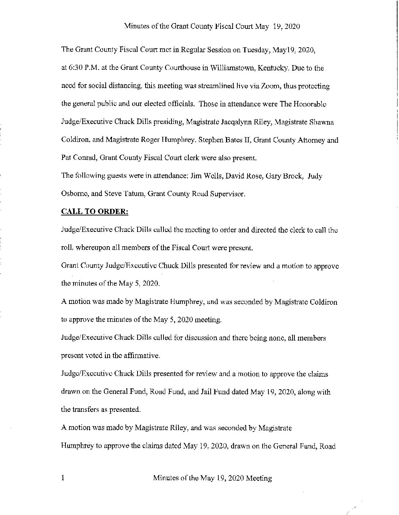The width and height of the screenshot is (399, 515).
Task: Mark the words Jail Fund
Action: [x=218, y=392]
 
